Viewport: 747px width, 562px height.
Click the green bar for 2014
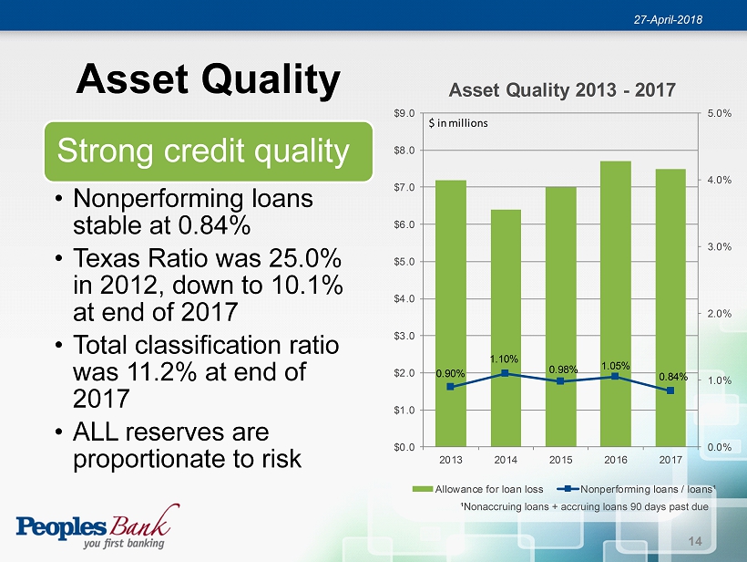[x=506, y=328]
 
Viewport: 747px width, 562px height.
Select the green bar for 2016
[x=616, y=304]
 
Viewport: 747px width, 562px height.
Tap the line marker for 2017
[x=670, y=390]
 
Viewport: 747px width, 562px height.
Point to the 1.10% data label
[x=504, y=359]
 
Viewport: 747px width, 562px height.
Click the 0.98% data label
[x=563, y=369]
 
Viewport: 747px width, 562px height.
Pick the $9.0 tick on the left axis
[x=404, y=113]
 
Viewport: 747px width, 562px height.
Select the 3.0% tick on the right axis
[x=720, y=246]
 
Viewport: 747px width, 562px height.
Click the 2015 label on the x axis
[x=560, y=460]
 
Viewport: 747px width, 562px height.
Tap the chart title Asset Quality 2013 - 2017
[x=562, y=89]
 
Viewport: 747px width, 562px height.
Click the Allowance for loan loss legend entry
[x=478, y=489]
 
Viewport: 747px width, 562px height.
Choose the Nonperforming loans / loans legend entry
[x=637, y=489]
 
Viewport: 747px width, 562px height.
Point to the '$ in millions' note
[x=458, y=123]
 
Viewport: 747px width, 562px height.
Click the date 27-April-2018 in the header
[x=668, y=19]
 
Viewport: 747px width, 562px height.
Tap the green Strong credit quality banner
[x=209, y=151]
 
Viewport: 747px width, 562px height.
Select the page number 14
[x=695, y=541]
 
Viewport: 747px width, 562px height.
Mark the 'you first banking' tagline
[x=124, y=544]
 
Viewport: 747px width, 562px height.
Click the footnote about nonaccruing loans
[x=585, y=506]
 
